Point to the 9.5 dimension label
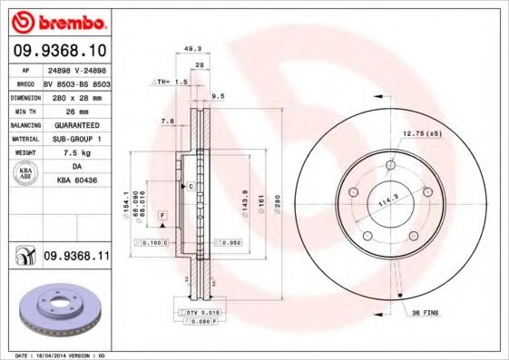[218, 95]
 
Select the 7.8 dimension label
[167, 121]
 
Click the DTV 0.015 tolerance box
[195, 312]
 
